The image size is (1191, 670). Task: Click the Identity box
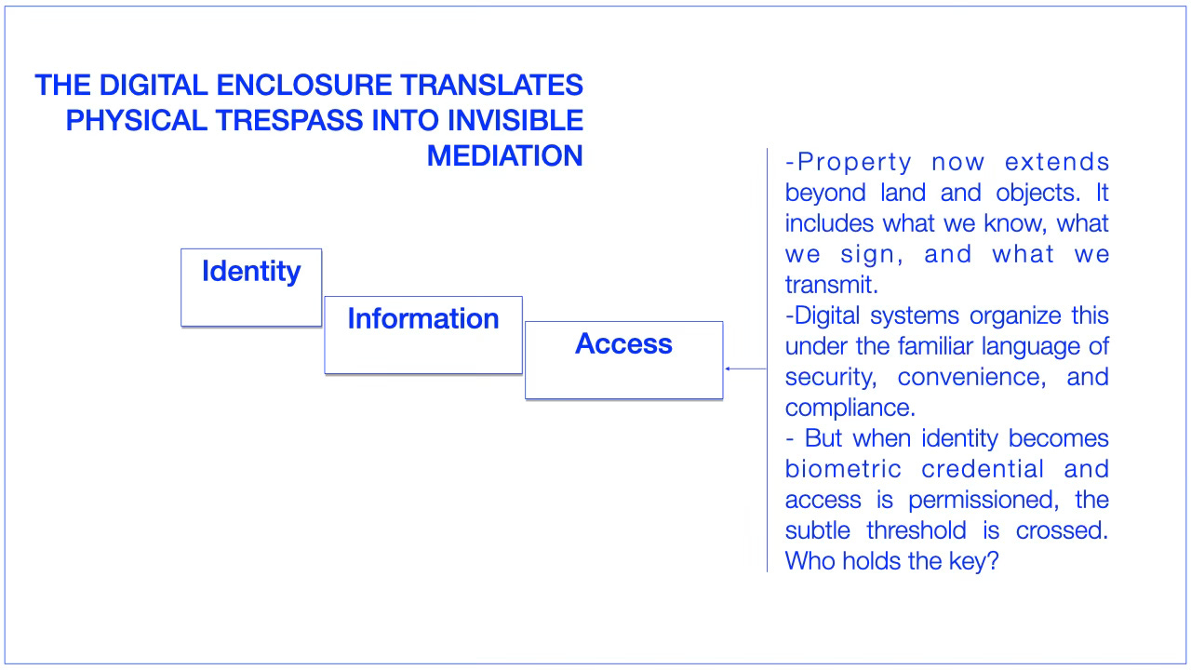coord(251,288)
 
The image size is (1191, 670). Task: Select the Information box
coord(423,335)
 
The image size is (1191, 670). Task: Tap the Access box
coord(623,360)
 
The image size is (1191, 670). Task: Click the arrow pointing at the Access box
coord(744,368)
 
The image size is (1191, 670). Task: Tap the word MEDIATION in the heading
coord(505,156)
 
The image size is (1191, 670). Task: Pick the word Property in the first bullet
coord(854,162)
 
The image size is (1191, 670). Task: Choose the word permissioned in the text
coord(982,500)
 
